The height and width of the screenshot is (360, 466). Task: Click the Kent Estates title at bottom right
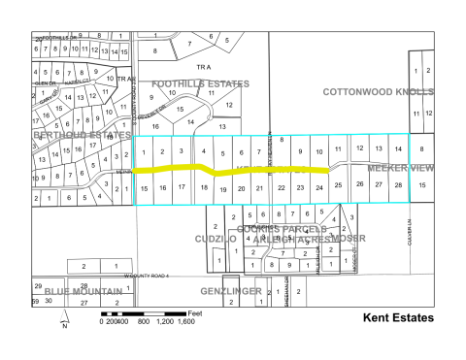point(398,317)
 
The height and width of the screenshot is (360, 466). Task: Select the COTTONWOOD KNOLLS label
point(378,89)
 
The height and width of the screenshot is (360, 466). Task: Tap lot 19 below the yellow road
point(222,188)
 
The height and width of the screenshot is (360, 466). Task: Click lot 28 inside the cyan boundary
point(398,183)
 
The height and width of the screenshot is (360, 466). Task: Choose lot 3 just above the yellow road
point(181,151)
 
